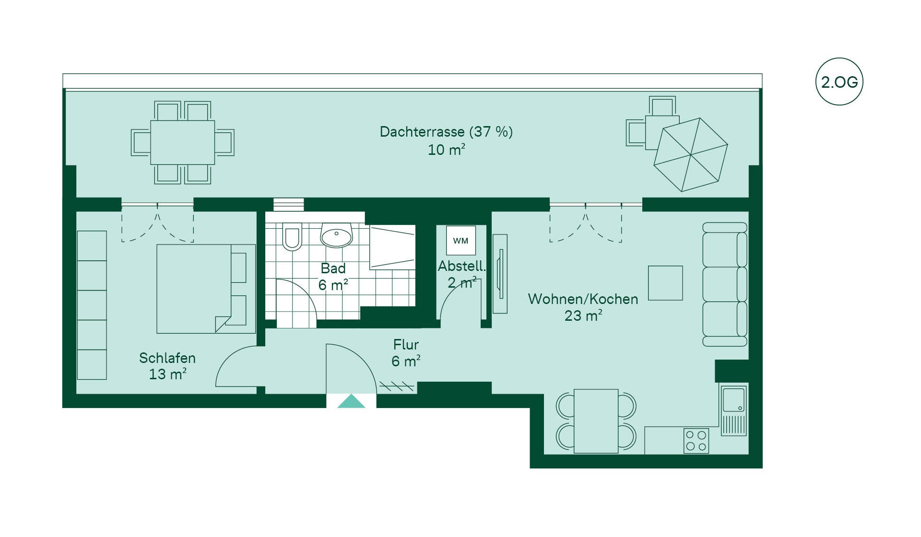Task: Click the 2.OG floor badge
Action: (x=839, y=82)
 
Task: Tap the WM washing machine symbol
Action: (x=460, y=241)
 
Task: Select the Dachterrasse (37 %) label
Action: (x=446, y=132)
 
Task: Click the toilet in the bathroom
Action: (x=292, y=236)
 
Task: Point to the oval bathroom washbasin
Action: (x=336, y=235)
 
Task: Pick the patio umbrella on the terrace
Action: (x=691, y=154)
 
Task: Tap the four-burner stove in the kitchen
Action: (x=696, y=441)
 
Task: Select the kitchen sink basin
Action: (x=733, y=400)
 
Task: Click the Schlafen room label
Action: (x=167, y=358)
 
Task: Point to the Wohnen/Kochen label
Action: (x=583, y=299)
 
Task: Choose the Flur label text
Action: (x=406, y=345)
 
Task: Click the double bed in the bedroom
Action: (x=206, y=289)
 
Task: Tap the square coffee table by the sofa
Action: (x=665, y=283)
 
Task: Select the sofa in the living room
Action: (x=725, y=284)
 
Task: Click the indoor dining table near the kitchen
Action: (x=596, y=421)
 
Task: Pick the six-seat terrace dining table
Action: (x=182, y=142)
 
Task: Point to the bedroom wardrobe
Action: (x=92, y=305)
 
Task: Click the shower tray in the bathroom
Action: (x=392, y=247)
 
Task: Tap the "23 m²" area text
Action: (x=583, y=315)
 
